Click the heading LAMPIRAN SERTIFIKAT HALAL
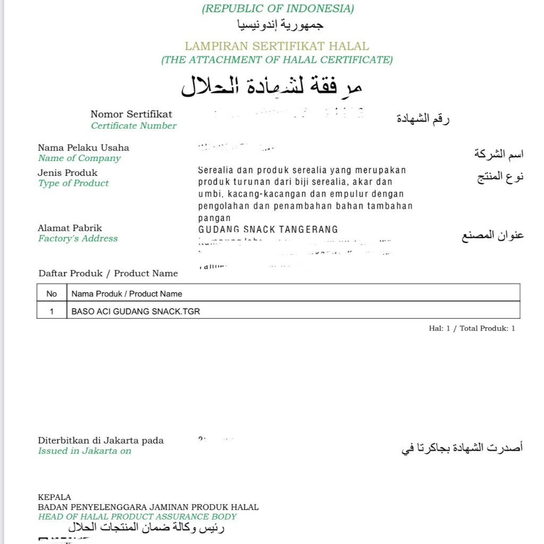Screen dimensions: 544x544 coord(277,46)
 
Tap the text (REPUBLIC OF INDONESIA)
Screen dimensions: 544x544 coord(277,8)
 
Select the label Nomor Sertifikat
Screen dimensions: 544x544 coord(131,114)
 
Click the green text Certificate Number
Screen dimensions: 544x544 coord(133,126)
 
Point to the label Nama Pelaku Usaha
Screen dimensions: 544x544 coord(83,148)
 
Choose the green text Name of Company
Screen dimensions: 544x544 coord(79,158)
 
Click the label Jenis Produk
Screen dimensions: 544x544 coord(67,173)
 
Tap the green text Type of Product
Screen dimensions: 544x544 coord(73,183)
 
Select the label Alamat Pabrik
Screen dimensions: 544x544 coord(70,228)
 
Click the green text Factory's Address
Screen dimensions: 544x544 coord(78,239)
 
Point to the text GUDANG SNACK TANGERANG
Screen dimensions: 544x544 coord(268,229)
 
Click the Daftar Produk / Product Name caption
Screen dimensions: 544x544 coord(108,274)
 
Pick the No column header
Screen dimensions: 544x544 coord(52,294)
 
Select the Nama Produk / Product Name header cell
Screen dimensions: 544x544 coord(126,294)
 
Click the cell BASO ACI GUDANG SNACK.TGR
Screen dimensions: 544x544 coord(135,311)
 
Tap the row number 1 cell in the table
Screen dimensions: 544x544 coord(52,311)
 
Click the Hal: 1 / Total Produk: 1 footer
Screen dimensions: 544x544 coord(472,328)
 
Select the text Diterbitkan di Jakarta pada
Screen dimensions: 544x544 coord(100,440)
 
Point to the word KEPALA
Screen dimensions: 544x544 coord(54,498)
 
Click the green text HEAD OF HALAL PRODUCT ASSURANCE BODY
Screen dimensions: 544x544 coord(137,517)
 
